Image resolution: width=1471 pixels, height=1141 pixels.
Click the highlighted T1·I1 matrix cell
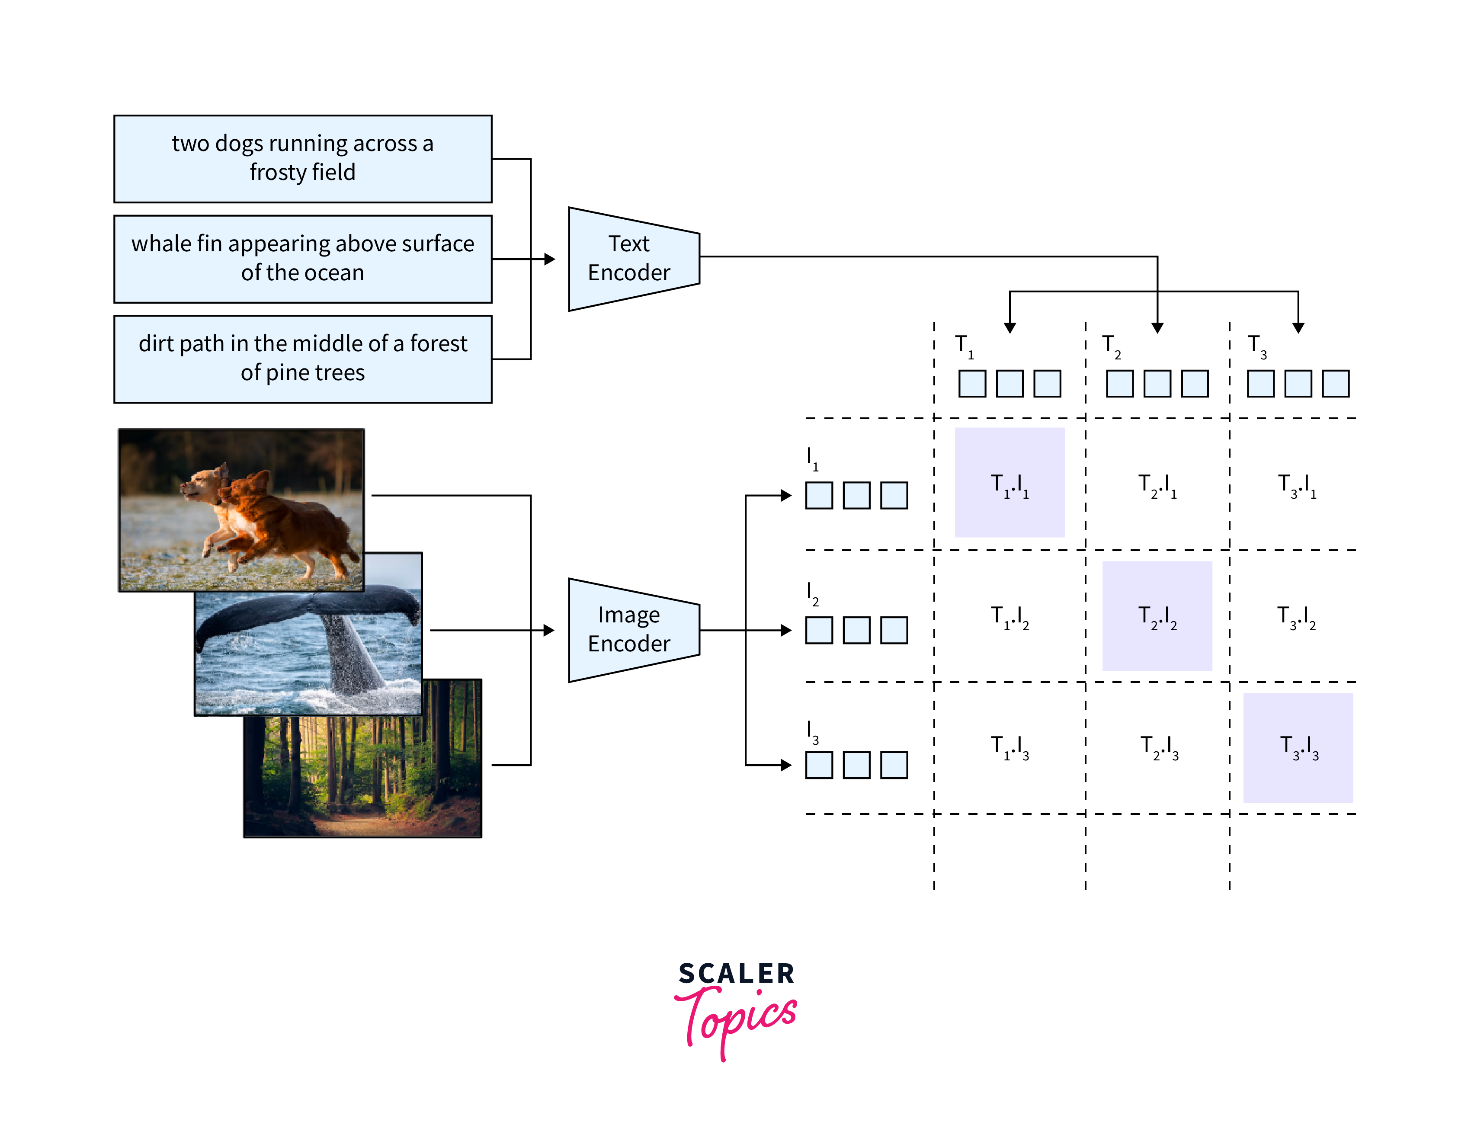click(1009, 482)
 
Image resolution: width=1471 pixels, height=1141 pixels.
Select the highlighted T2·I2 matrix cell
click(1157, 615)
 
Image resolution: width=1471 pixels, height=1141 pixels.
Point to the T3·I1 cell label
click(1297, 485)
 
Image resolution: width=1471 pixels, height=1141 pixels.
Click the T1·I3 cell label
click(1009, 748)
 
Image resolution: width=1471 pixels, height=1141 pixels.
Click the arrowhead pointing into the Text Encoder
click(550, 259)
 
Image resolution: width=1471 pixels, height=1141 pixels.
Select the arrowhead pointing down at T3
click(1298, 328)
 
